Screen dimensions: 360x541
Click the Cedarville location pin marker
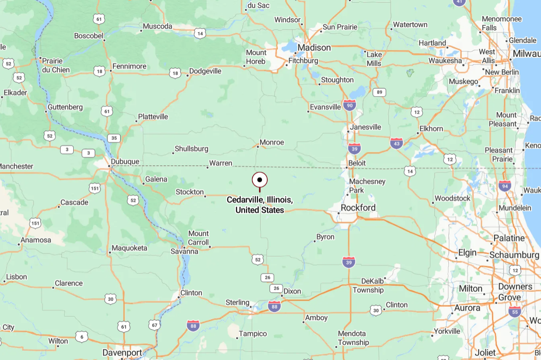coord(260,180)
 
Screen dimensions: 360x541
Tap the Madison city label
coord(314,47)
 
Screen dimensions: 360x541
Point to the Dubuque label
coord(125,162)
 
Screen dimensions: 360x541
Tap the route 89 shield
coord(379,92)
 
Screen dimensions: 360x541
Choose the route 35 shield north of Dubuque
coord(113,138)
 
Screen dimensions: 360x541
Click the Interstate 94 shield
coord(505,186)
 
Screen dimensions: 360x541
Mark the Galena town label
coord(156,179)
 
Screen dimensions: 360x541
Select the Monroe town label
coord(272,142)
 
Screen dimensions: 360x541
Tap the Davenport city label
coord(122,352)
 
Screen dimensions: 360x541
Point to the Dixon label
coord(292,291)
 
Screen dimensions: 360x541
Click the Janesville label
coord(365,127)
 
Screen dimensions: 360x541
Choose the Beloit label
coord(357,163)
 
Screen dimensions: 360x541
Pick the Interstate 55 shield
coord(514,311)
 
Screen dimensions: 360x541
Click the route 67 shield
coord(154,325)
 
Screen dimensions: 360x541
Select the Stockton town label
coord(190,192)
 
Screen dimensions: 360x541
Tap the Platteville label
coord(153,117)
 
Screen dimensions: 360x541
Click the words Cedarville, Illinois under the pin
coord(260,200)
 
